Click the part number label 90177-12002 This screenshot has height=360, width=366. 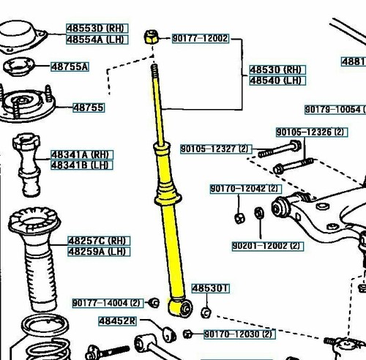(x=200, y=38)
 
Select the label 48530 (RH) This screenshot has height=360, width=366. (x=275, y=70)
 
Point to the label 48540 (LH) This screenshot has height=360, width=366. (x=275, y=80)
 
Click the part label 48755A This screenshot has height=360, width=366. (x=70, y=67)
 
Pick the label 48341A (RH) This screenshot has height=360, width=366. (x=79, y=155)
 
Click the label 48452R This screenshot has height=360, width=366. (x=118, y=321)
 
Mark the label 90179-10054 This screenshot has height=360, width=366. (x=333, y=110)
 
